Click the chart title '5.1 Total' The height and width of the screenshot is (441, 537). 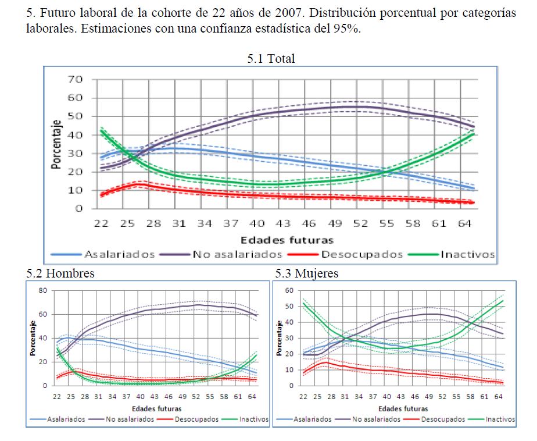pyautogui.click(x=271, y=58)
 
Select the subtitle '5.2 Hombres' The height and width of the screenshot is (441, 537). pyautogui.click(x=60, y=273)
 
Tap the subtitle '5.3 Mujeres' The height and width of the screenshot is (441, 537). pyautogui.click(x=307, y=273)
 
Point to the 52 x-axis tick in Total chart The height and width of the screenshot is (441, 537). pyautogui.click(x=361, y=223)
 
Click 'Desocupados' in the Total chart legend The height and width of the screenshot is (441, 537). pyautogui.click(x=361, y=254)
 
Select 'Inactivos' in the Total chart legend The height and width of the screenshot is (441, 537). pyautogui.click(x=467, y=254)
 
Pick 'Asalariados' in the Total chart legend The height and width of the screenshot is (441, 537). pyautogui.click(x=120, y=254)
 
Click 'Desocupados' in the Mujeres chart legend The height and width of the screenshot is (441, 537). pyautogui.click(x=443, y=419)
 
